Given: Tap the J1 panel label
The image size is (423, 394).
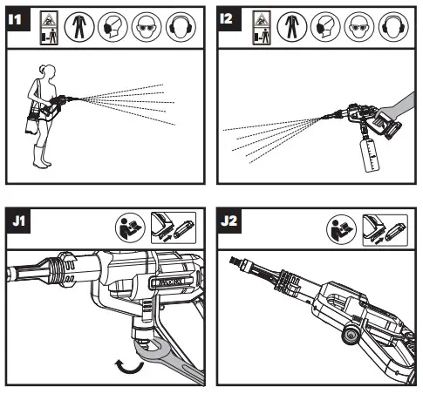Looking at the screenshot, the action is click(x=18, y=221).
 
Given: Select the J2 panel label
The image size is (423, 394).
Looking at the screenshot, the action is click(x=229, y=221).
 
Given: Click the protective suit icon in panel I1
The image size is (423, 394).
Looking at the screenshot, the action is click(x=79, y=27).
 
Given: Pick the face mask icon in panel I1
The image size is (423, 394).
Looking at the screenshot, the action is click(x=113, y=27).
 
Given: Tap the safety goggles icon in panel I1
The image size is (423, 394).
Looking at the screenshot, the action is click(x=147, y=27).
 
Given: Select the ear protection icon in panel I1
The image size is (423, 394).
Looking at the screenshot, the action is click(x=181, y=27).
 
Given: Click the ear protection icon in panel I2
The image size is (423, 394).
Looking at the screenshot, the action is click(x=393, y=27).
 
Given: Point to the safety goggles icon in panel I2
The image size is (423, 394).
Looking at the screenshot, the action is click(x=359, y=27).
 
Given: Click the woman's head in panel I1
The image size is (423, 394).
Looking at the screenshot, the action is click(x=47, y=72).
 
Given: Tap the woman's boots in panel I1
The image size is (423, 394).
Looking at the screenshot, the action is click(x=43, y=156).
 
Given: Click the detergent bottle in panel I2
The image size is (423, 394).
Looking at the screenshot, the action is click(x=370, y=156).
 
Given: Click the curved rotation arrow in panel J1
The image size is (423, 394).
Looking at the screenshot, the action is click(x=130, y=367).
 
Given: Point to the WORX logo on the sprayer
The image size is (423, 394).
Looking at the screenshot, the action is click(x=172, y=282).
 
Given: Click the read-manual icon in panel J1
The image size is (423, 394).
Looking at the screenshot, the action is click(x=130, y=228).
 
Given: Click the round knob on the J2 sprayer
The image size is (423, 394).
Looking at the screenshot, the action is click(x=351, y=335).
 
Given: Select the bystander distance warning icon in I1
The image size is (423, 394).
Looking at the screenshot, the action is click(x=49, y=28).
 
